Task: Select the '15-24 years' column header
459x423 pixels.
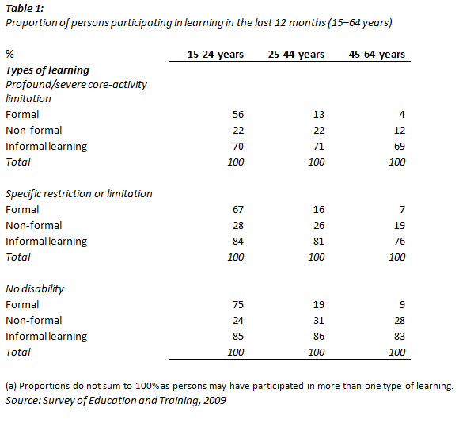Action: click(x=215, y=55)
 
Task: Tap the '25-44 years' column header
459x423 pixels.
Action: click(x=295, y=55)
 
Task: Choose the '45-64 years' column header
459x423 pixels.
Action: click(x=377, y=55)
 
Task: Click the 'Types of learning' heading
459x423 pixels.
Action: click(x=47, y=70)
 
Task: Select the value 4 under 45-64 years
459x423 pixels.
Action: click(x=402, y=114)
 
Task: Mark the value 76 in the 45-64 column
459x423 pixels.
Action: click(x=399, y=241)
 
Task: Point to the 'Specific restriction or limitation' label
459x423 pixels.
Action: click(x=79, y=193)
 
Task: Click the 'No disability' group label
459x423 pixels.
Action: click(x=35, y=288)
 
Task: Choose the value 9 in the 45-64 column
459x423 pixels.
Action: click(x=402, y=304)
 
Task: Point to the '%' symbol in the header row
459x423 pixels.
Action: click(x=9, y=55)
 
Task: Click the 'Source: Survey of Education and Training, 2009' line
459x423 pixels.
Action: click(x=116, y=402)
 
